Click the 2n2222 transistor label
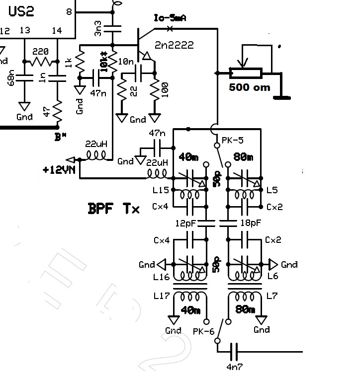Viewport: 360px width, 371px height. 174,45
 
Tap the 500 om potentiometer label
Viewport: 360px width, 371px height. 250,87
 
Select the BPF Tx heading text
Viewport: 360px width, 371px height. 113,208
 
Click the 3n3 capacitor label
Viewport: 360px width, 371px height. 98,27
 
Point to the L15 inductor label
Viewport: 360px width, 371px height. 162,190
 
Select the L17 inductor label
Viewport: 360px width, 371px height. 162,296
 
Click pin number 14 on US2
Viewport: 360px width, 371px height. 57,31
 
